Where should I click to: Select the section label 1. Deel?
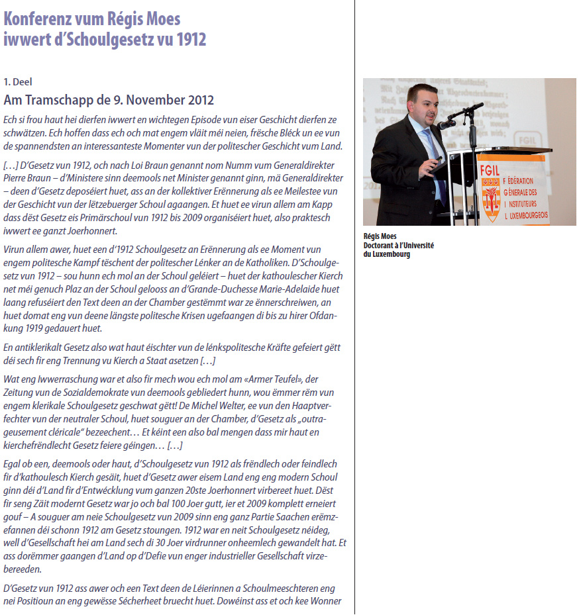[18, 82]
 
